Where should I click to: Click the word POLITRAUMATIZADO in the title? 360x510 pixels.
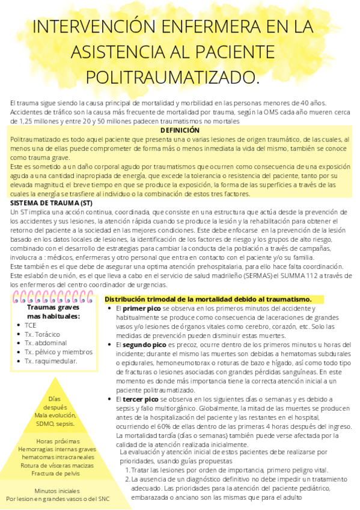click(x=172, y=78)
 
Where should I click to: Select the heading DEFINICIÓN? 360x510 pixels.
click(x=180, y=130)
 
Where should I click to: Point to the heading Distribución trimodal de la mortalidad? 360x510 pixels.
click(x=208, y=299)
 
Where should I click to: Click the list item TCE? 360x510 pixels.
click(x=31, y=325)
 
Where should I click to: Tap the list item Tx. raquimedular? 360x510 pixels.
click(x=50, y=361)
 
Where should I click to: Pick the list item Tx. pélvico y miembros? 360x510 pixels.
click(x=58, y=352)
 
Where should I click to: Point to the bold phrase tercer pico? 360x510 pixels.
click(x=140, y=399)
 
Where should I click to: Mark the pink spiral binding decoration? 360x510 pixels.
click(x=54, y=297)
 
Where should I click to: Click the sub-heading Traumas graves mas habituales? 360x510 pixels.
click(x=53, y=312)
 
